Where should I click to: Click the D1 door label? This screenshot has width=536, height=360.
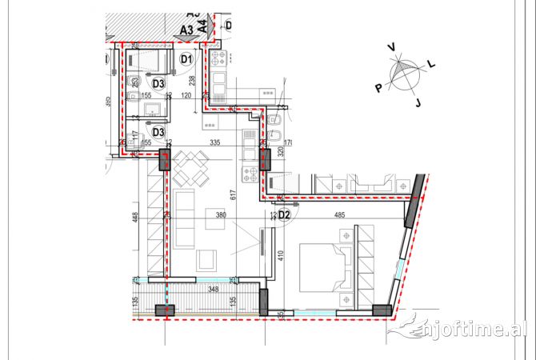[186, 58]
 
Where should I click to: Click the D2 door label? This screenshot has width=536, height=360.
[283, 214]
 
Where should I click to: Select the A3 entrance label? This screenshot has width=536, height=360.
[187, 30]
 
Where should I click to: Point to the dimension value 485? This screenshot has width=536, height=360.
[338, 214]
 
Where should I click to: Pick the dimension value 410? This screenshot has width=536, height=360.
[281, 257]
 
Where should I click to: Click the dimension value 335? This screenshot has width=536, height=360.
[214, 142]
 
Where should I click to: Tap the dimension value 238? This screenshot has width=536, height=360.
[191, 80]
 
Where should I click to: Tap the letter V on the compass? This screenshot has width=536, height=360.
[391, 48]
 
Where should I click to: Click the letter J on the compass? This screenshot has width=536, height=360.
[418, 102]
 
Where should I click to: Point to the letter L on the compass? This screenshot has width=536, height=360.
[431, 62]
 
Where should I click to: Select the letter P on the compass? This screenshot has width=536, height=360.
[378, 87]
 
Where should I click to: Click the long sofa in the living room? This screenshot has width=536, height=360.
[186, 218]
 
